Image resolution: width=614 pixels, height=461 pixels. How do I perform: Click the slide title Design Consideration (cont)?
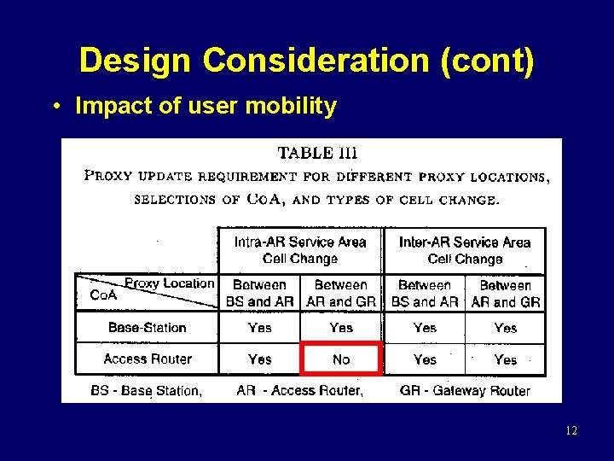click(x=307, y=61)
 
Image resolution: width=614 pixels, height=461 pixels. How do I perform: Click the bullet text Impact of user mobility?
click(x=206, y=107)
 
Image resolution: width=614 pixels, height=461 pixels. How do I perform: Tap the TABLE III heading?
click(x=317, y=154)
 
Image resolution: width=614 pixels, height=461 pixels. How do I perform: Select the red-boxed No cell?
click(x=341, y=359)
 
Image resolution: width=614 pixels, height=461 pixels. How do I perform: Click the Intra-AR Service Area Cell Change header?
click(x=300, y=250)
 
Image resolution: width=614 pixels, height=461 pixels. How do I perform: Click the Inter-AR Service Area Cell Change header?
click(x=465, y=250)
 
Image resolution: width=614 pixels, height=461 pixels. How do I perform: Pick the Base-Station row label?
click(x=147, y=328)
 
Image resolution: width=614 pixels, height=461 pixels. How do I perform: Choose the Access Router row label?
click(x=147, y=359)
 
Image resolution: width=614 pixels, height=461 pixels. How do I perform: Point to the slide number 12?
click(x=571, y=431)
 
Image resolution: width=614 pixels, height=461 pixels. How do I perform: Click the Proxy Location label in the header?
click(x=170, y=283)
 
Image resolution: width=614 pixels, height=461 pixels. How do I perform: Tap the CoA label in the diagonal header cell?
click(x=103, y=295)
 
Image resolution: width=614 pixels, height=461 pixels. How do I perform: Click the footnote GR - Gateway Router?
click(x=465, y=391)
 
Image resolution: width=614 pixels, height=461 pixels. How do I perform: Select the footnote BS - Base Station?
click(x=146, y=391)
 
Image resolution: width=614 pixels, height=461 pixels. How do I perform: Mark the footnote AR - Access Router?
click(x=300, y=391)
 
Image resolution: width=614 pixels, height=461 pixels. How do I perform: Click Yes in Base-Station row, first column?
click(x=259, y=328)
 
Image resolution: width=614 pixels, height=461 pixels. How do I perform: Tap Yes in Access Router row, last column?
click(x=506, y=359)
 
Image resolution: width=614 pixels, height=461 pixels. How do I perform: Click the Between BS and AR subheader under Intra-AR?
click(x=259, y=293)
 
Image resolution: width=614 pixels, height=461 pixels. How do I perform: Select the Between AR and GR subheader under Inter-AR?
click(x=506, y=293)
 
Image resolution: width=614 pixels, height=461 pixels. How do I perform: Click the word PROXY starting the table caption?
click(x=109, y=177)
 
